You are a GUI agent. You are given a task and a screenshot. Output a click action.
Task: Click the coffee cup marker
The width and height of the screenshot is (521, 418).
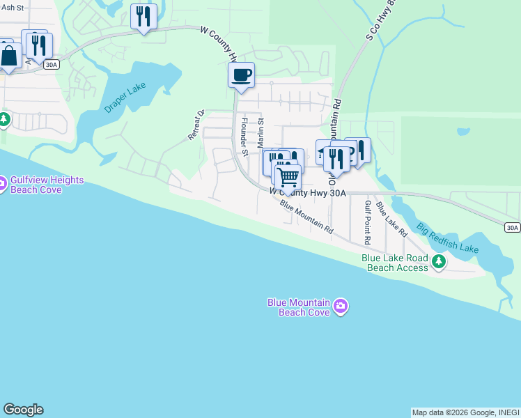[241, 75]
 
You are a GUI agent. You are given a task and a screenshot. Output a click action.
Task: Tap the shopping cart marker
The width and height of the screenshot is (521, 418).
[287, 176]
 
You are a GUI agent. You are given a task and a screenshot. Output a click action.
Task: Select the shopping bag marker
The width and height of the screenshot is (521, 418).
[8, 56]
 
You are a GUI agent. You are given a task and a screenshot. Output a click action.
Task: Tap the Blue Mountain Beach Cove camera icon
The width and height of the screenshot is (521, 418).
[341, 306]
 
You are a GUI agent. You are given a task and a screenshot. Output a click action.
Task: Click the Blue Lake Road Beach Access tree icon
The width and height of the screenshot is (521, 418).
[439, 262]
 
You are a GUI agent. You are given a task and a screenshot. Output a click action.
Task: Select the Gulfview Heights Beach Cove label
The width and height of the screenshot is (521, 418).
[47, 185]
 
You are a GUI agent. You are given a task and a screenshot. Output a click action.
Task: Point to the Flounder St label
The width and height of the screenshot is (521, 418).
[244, 136]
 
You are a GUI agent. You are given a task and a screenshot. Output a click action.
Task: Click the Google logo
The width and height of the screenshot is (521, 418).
[23, 410]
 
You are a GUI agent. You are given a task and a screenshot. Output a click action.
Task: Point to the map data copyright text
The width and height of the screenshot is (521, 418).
[465, 412]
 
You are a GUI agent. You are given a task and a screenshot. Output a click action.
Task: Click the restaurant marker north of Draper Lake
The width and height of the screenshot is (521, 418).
[143, 17]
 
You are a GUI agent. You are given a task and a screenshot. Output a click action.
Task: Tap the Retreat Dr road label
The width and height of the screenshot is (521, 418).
[194, 125]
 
